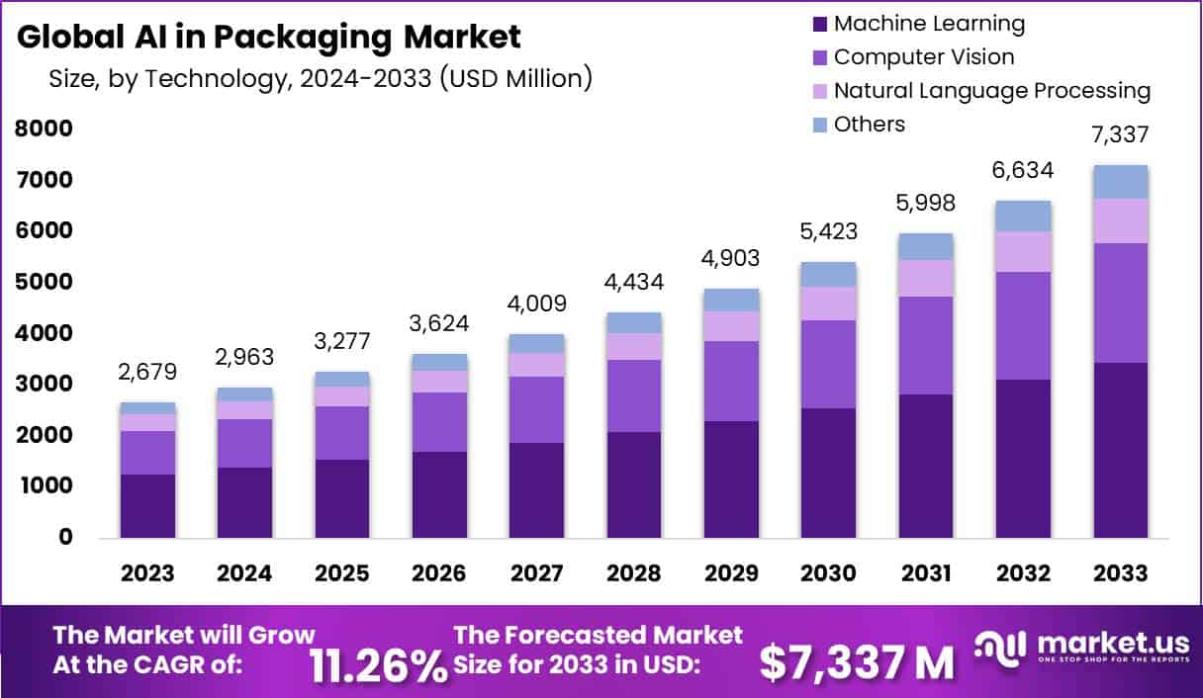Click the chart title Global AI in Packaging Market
pos(269,38)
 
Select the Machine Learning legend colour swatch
pos(818,24)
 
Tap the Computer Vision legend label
pos(923,57)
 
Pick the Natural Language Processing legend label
pos(991,91)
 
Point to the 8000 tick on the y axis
pos(44,129)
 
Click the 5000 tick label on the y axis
pos(44,282)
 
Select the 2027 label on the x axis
pos(537,573)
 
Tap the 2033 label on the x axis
pos(1121,573)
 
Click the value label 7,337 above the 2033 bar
pos(1121,135)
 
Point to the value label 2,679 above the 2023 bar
pos(147,373)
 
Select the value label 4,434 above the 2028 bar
pos(634,282)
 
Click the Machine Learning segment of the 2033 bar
pos(1121,450)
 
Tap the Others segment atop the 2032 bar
pos(1024,216)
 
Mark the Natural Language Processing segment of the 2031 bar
pos(926,278)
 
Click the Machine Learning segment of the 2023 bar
pos(147,505)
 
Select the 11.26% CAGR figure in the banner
pos(378,664)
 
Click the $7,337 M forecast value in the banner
pos(857,662)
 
